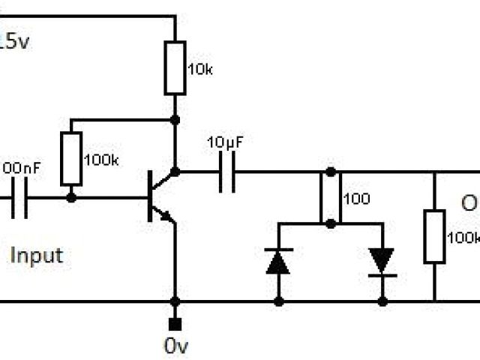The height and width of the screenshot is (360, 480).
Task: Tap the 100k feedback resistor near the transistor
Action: pos(71,159)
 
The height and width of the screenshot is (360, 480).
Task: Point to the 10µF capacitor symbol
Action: pos(227,172)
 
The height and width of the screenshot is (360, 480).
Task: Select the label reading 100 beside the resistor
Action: pos(355,199)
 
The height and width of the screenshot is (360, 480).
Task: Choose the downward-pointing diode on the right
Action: pos(382,261)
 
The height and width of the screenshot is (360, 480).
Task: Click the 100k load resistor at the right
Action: pos(434,237)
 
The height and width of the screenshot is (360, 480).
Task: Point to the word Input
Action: pos(36,255)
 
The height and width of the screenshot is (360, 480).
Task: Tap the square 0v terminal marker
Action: pos(175,324)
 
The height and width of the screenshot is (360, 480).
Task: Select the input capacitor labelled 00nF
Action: pos(19,199)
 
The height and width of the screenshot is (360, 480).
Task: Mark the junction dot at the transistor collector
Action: pos(175,172)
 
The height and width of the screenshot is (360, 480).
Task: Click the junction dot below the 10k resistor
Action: pos(175,119)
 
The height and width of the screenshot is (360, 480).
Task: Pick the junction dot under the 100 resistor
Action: pos(330,223)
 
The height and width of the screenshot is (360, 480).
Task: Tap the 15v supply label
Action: pos(15,42)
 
